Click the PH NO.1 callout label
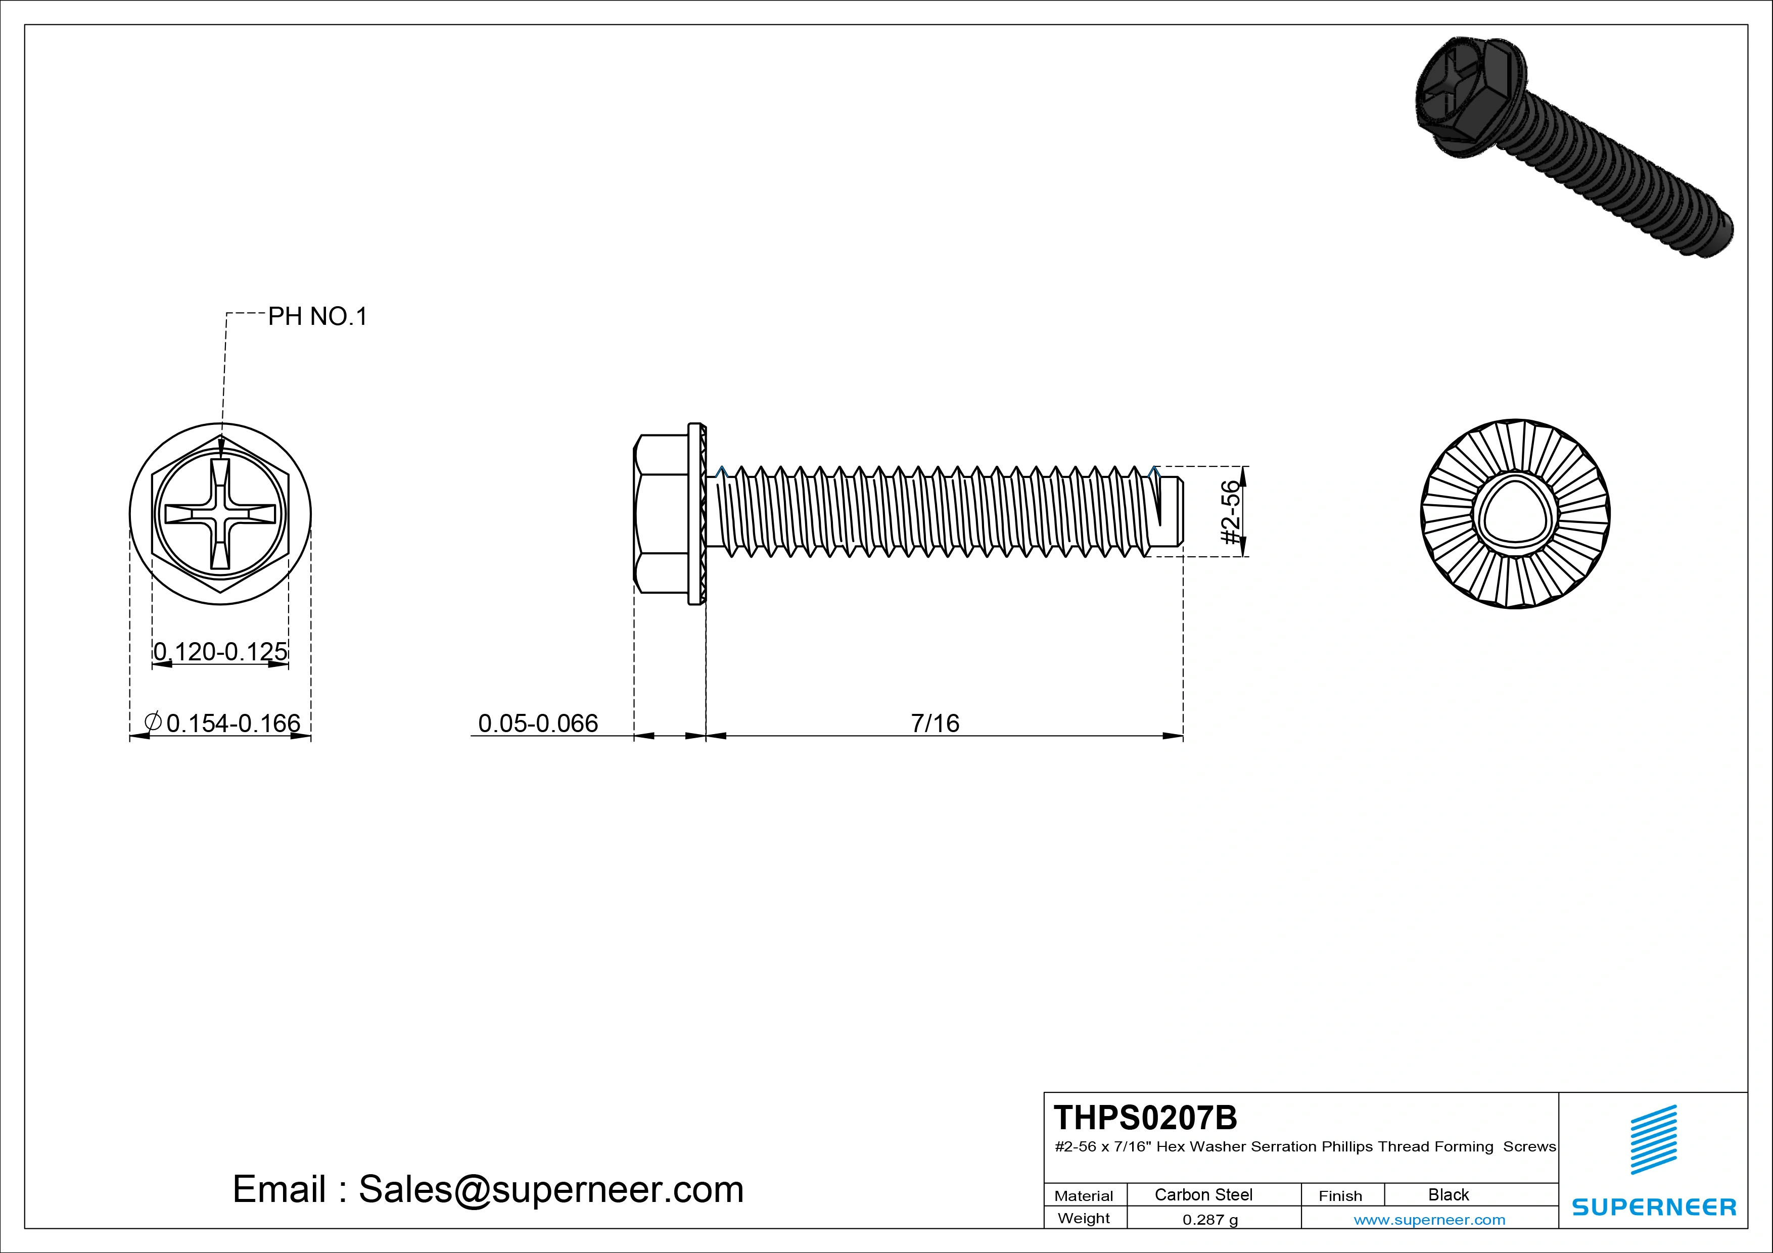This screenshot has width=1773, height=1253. [317, 316]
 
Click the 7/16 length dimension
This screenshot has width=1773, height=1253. [935, 724]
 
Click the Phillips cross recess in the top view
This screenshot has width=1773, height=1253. [220, 514]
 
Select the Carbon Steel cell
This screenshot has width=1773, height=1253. [1203, 1194]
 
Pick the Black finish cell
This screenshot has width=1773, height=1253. [1448, 1194]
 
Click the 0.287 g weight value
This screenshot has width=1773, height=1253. [1210, 1220]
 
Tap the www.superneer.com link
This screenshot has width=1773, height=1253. [1429, 1220]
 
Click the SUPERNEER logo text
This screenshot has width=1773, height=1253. [1653, 1207]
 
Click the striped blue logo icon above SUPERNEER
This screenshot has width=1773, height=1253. [1653, 1139]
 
